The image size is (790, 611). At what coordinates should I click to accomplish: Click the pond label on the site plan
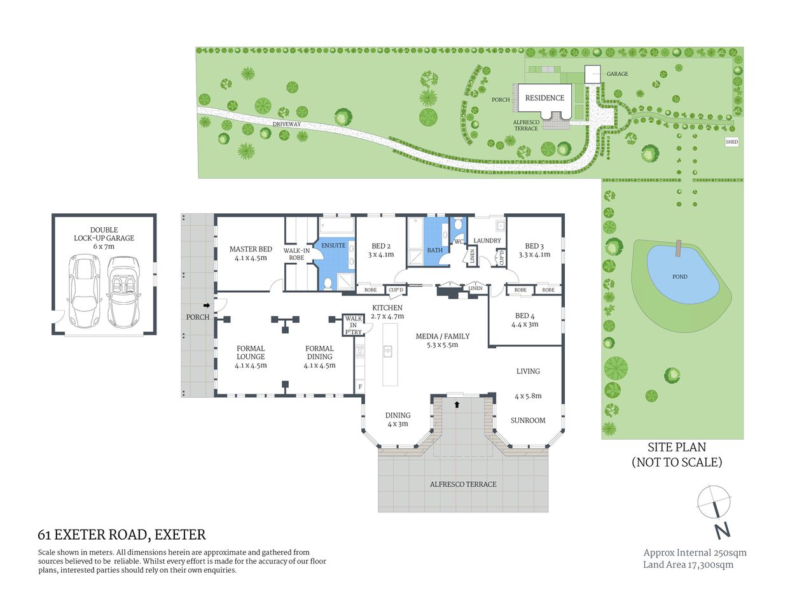click(x=679, y=277)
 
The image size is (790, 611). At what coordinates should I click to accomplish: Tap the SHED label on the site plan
click(x=731, y=142)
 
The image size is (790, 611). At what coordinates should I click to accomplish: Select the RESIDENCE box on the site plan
click(x=544, y=98)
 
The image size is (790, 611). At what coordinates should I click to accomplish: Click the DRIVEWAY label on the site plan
click(x=286, y=124)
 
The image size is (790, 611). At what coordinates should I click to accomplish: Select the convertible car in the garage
click(x=123, y=291)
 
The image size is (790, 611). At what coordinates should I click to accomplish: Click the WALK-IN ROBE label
click(x=296, y=254)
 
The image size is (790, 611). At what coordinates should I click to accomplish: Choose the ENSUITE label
click(x=333, y=246)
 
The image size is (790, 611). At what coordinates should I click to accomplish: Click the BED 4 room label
click(x=525, y=320)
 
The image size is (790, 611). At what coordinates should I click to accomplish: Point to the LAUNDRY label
click(x=487, y=241)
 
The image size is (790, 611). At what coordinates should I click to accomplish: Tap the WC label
click(x=459, y=242)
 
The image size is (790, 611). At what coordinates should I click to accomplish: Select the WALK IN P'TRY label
click(x=353, y=325)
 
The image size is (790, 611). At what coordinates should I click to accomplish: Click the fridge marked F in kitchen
click(x=360, y=386)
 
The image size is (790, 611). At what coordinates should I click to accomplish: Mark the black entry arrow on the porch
click(x=206, y=305)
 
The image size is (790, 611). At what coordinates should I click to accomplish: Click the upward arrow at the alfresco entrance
click(x=457, y=404)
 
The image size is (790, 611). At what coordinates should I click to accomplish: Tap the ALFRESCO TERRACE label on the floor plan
click(x=463, y=484)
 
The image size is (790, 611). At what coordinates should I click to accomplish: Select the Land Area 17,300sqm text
click(x=688, y=565)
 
